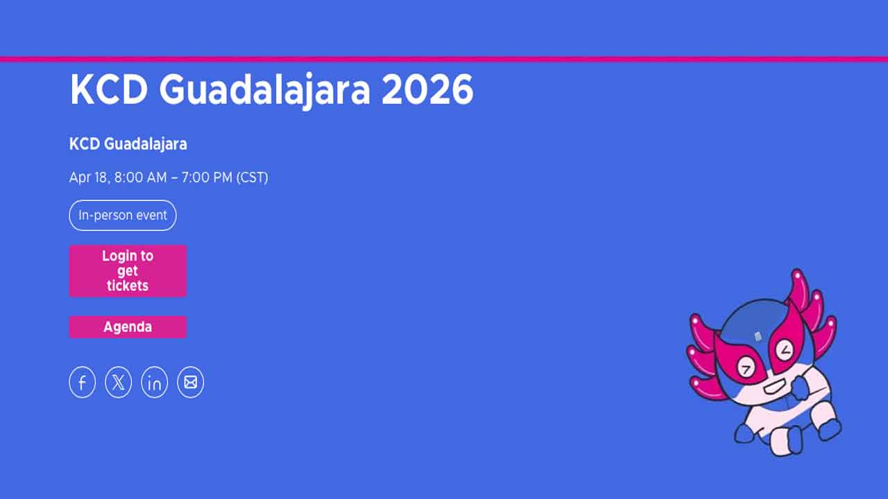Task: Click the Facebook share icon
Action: point(83,383)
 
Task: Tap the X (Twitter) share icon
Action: point(119,383)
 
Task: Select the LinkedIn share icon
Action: point(155,383)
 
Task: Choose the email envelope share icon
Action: point(191,383)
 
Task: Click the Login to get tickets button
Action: point(128,270)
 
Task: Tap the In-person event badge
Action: point(123,216)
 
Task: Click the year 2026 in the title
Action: point(427,89)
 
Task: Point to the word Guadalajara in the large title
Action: point(264,89)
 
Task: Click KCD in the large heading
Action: point(108,89)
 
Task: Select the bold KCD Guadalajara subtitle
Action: point(128,144)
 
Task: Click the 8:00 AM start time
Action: point(141,177)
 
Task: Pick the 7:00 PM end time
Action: point(207,177)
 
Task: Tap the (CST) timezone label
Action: point(253,177)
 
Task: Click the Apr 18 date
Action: point(89,177)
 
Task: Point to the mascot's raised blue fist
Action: point(799,388)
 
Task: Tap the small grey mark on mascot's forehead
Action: point(758,337)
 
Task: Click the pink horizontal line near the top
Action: point(444,59)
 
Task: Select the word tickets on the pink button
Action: point(128,286)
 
